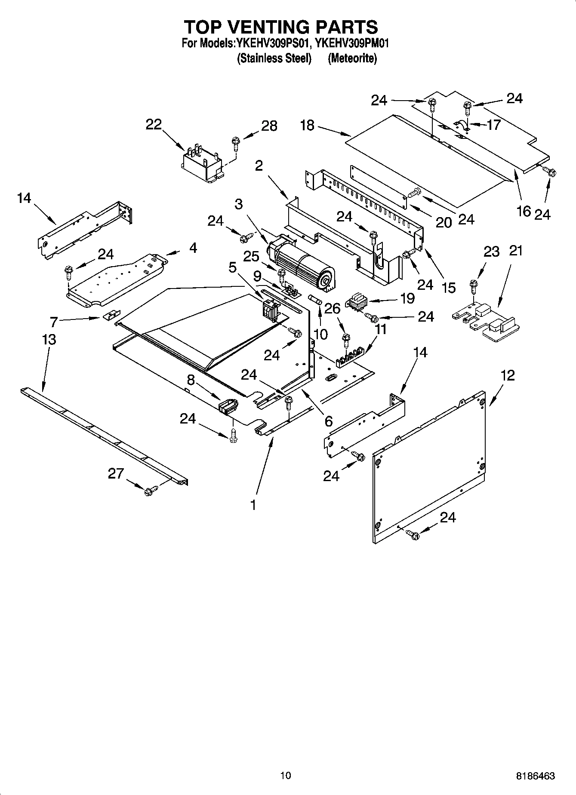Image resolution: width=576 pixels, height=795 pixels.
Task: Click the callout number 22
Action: click(154, 125)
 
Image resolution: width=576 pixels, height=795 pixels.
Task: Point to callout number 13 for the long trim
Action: click(49, 340)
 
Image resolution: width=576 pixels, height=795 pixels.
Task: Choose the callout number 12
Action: click(508, 375)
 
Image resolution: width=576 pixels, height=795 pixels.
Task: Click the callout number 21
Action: click(515, 251)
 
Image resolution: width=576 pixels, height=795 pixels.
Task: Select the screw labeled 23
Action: click(473, 285)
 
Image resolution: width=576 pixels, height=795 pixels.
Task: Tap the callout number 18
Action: click(307, 126)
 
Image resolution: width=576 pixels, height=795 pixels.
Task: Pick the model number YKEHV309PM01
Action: click(352, 43)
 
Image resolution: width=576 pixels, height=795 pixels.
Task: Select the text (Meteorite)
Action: click(352, 59)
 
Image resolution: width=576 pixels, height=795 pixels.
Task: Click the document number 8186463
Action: click(535, 776)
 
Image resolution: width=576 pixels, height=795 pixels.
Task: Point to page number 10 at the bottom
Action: click(285, 776)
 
